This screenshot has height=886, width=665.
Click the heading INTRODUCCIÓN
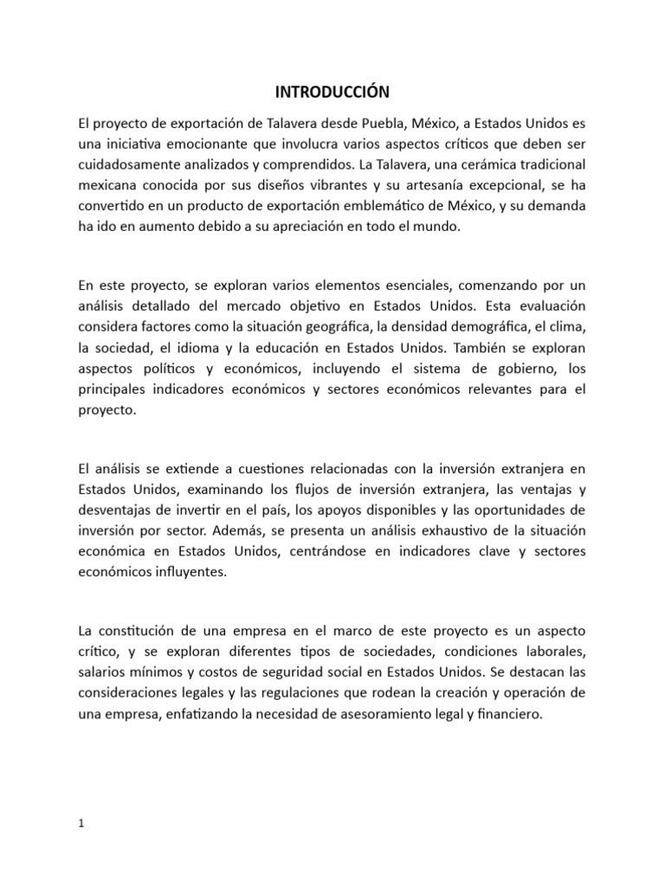[332, 91]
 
